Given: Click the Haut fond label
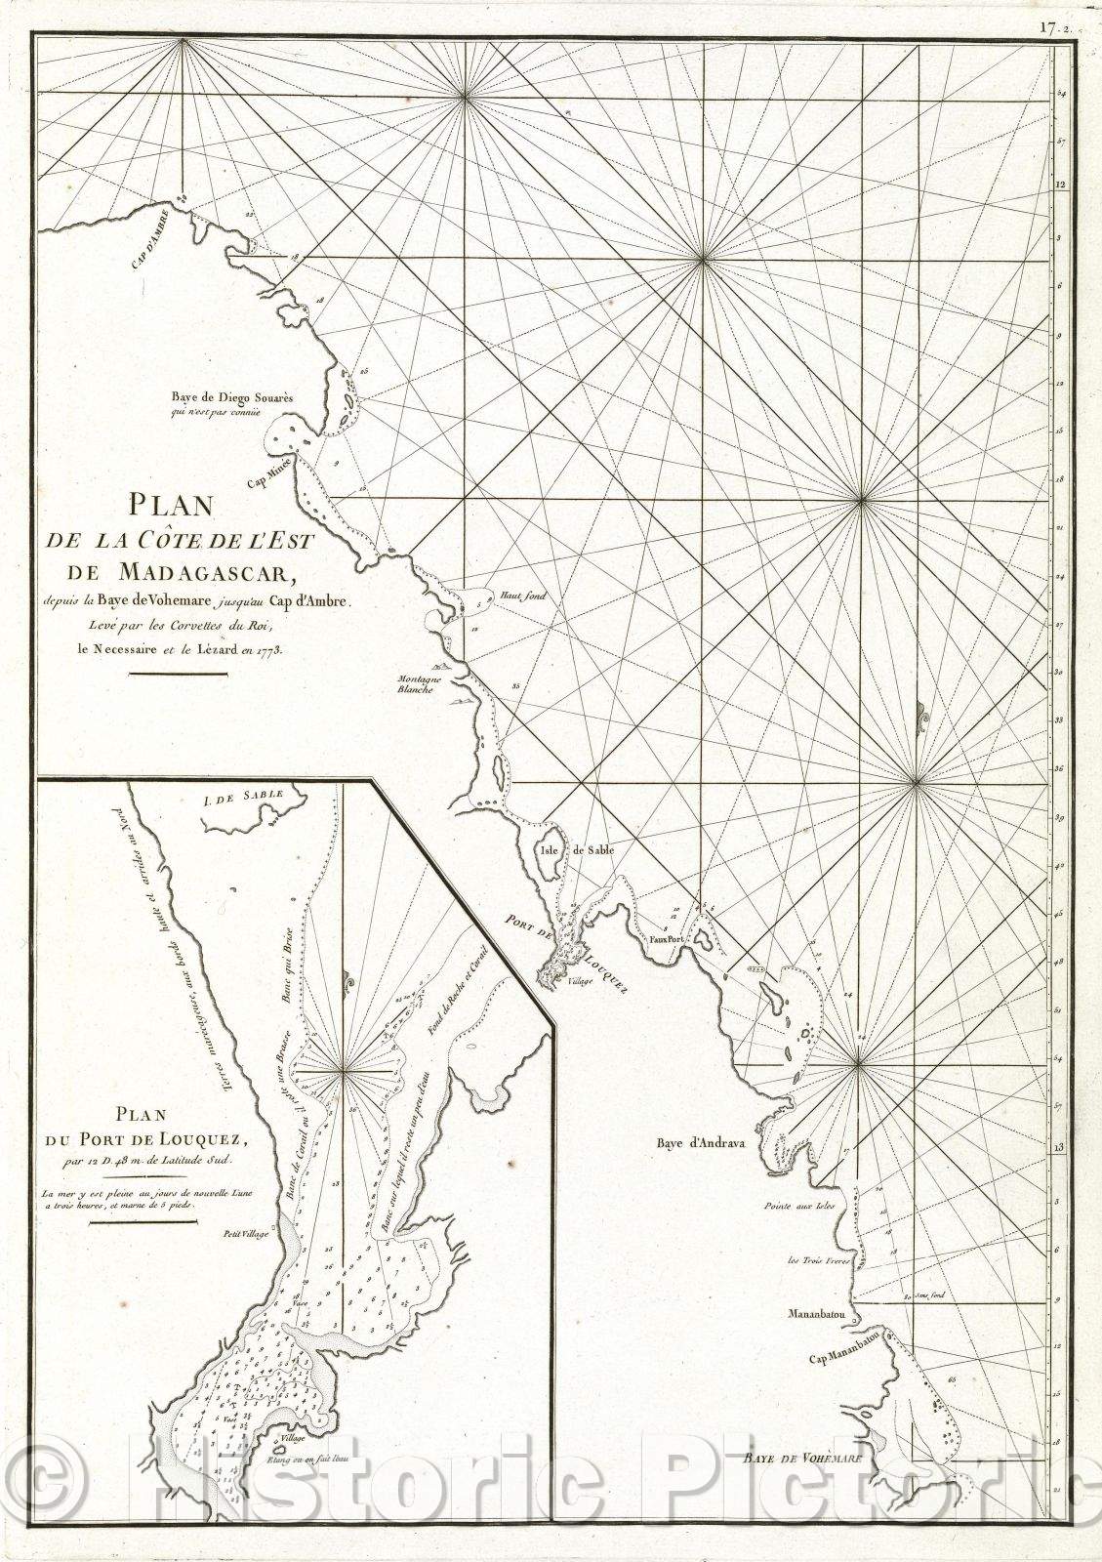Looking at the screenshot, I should (x=488, y=596).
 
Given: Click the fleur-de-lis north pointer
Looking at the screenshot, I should (x=921, y=719).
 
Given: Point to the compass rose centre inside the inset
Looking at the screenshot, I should (x=344, y=1071).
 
